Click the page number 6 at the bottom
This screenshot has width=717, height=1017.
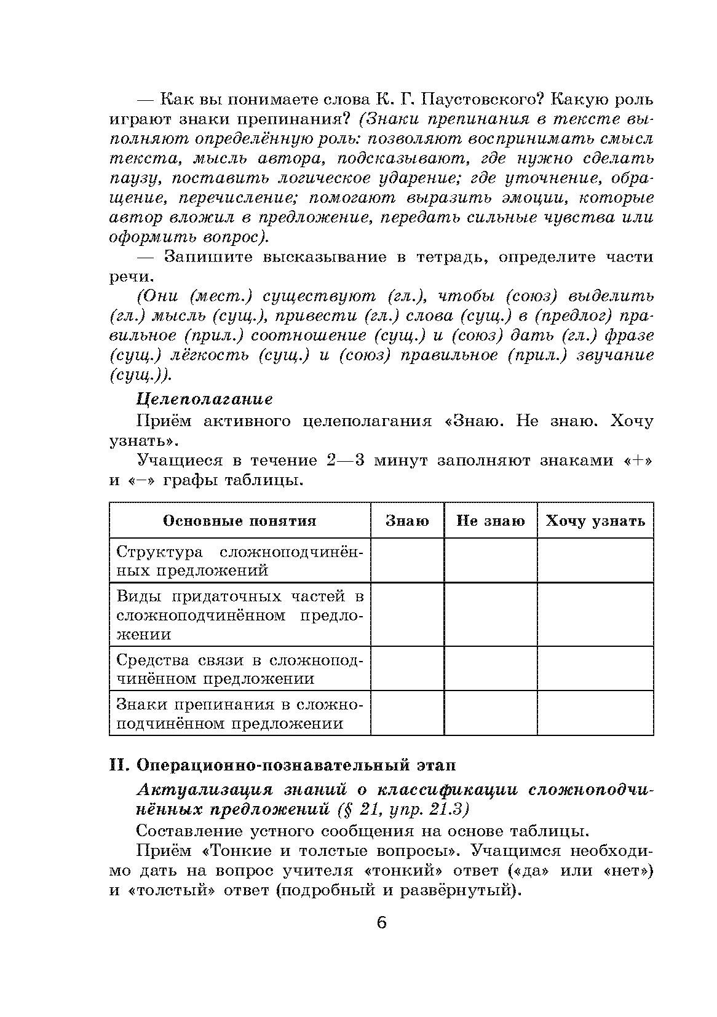[381, 923]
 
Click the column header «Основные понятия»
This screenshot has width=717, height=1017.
[239, 521]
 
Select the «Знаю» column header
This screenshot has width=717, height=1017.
[407, 521]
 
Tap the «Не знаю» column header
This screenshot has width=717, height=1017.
[490, 521]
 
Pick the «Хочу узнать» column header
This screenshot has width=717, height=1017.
[595, 521]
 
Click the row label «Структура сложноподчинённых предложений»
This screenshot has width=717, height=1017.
[239, 561]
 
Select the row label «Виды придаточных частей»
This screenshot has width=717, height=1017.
[239, 615]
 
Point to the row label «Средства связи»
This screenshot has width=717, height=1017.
[239, 669]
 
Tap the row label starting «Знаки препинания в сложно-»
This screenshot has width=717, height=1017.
[239, 713]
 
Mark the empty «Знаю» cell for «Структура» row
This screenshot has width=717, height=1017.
[407, 561]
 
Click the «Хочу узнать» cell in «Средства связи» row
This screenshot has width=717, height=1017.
[595, 668]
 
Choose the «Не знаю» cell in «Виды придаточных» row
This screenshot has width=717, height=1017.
[490, 615]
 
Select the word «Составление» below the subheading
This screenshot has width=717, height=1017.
[188, 831]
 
